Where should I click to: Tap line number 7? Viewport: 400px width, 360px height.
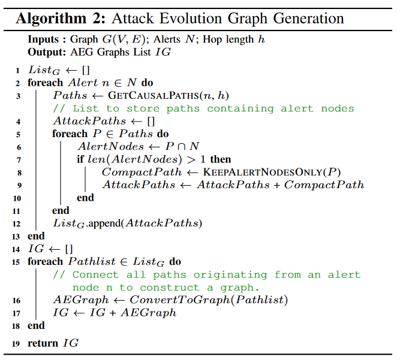coord(19,160)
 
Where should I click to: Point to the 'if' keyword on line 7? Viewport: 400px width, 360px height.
coord(81,160)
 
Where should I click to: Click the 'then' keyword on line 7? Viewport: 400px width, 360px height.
coord(220,160)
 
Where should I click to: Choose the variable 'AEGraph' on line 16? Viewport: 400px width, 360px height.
coord(75,300)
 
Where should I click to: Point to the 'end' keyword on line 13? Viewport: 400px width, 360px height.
coord(36,236)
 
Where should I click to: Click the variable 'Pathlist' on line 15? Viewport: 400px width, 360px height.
coord(91,262)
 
